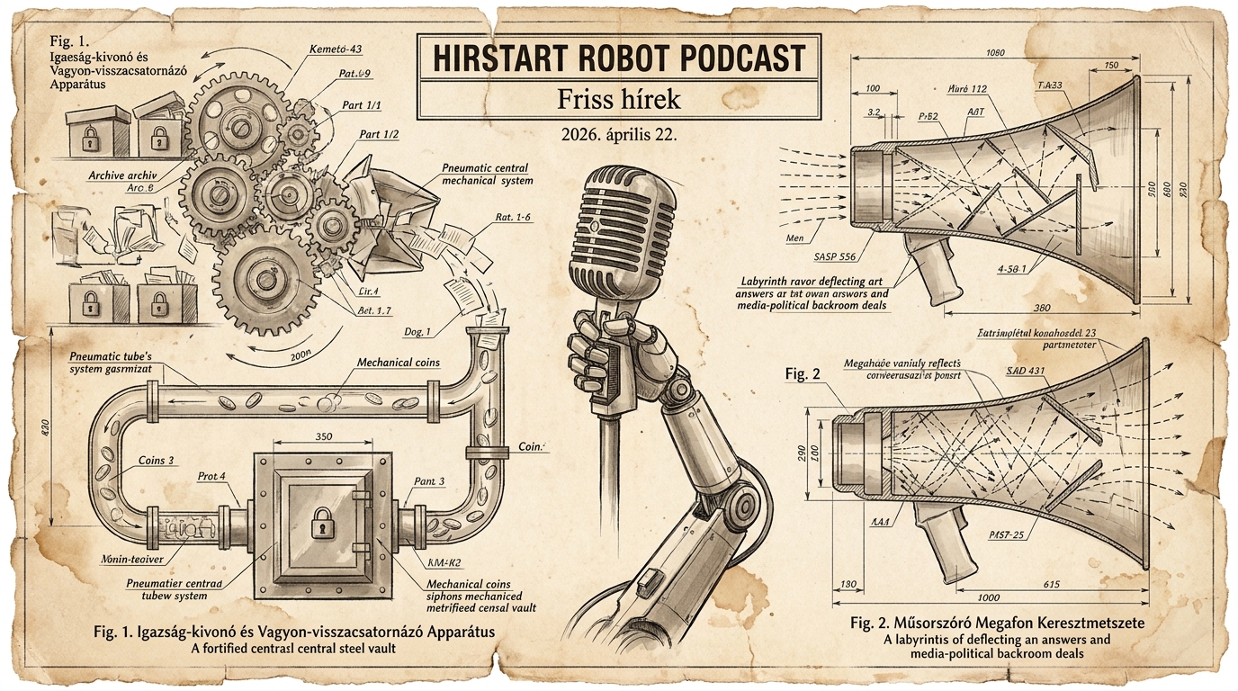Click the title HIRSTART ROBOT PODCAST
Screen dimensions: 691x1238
point(619,58)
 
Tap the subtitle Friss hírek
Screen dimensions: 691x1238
point(619,98)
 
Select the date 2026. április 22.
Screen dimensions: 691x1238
point(618,136)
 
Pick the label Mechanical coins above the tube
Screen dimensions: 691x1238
point(399,362)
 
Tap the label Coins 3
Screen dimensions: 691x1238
point(157,461)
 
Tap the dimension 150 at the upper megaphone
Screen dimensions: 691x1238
point(1111,65)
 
